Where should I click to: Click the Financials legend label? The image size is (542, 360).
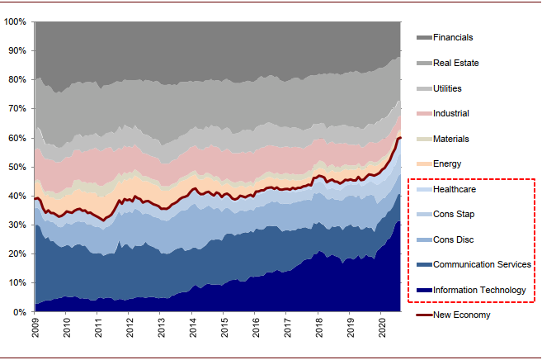click(453, 37)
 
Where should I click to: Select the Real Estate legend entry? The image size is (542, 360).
click(455, 63)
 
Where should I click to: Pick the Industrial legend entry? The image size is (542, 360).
click(450, 113)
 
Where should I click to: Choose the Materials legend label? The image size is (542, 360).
click(450, 139)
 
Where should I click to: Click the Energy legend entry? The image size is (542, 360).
click(447, 164)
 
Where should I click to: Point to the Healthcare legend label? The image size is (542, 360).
click(455, 189)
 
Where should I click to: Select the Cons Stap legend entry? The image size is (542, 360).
click(454, 215)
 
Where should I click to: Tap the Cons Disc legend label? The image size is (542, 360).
click(453, 239)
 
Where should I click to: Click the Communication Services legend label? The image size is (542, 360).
click(481, 264)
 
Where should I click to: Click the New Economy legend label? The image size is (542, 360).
click(461, 315)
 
